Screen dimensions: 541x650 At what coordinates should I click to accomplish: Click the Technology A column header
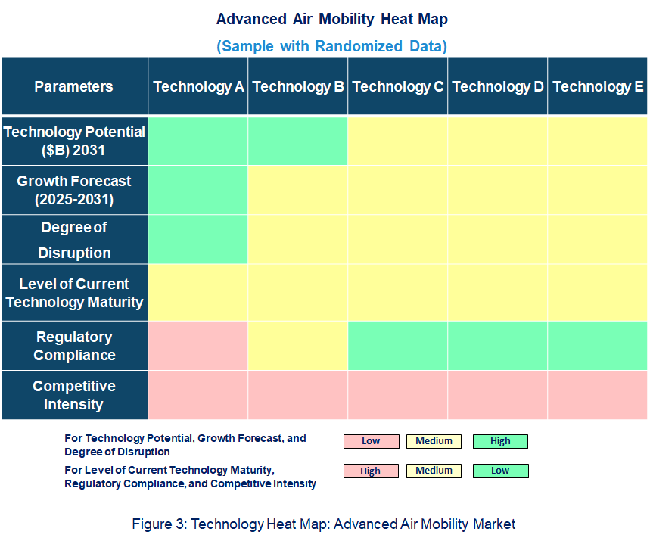(198, 86)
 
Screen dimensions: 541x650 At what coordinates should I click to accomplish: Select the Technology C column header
(398, 86)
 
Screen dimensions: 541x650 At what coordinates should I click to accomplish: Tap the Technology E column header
(598, 86)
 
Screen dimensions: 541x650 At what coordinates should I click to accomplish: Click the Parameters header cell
(74, 86)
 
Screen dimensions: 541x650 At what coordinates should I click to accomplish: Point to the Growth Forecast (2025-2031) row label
(74, 191)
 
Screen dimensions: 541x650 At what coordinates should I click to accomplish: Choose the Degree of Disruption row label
(74, 240)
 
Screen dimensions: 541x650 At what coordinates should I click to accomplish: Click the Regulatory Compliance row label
(74, 346)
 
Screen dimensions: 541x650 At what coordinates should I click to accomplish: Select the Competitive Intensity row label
(74, 395)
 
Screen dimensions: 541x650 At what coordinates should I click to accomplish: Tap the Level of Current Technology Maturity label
(74, 293)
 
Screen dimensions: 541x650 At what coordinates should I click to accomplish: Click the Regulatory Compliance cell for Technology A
(198, 346)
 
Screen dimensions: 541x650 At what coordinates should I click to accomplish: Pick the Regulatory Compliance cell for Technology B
(298, 346)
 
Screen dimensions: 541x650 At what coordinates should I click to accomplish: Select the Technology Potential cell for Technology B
(298, 141)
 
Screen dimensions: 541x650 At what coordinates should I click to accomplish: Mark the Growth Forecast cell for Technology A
(198, 191)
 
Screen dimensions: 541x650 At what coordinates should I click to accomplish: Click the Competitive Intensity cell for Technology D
(498, 395)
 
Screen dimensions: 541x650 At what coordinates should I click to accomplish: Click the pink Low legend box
(371, 441)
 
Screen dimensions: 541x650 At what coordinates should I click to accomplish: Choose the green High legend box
(500, 441)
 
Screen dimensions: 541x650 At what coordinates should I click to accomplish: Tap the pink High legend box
(371, 471)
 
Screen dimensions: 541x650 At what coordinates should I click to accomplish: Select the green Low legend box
(500, 471)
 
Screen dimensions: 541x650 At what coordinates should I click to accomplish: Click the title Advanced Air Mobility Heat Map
(331, 18)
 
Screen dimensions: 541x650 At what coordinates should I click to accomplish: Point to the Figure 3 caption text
(324, 524)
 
